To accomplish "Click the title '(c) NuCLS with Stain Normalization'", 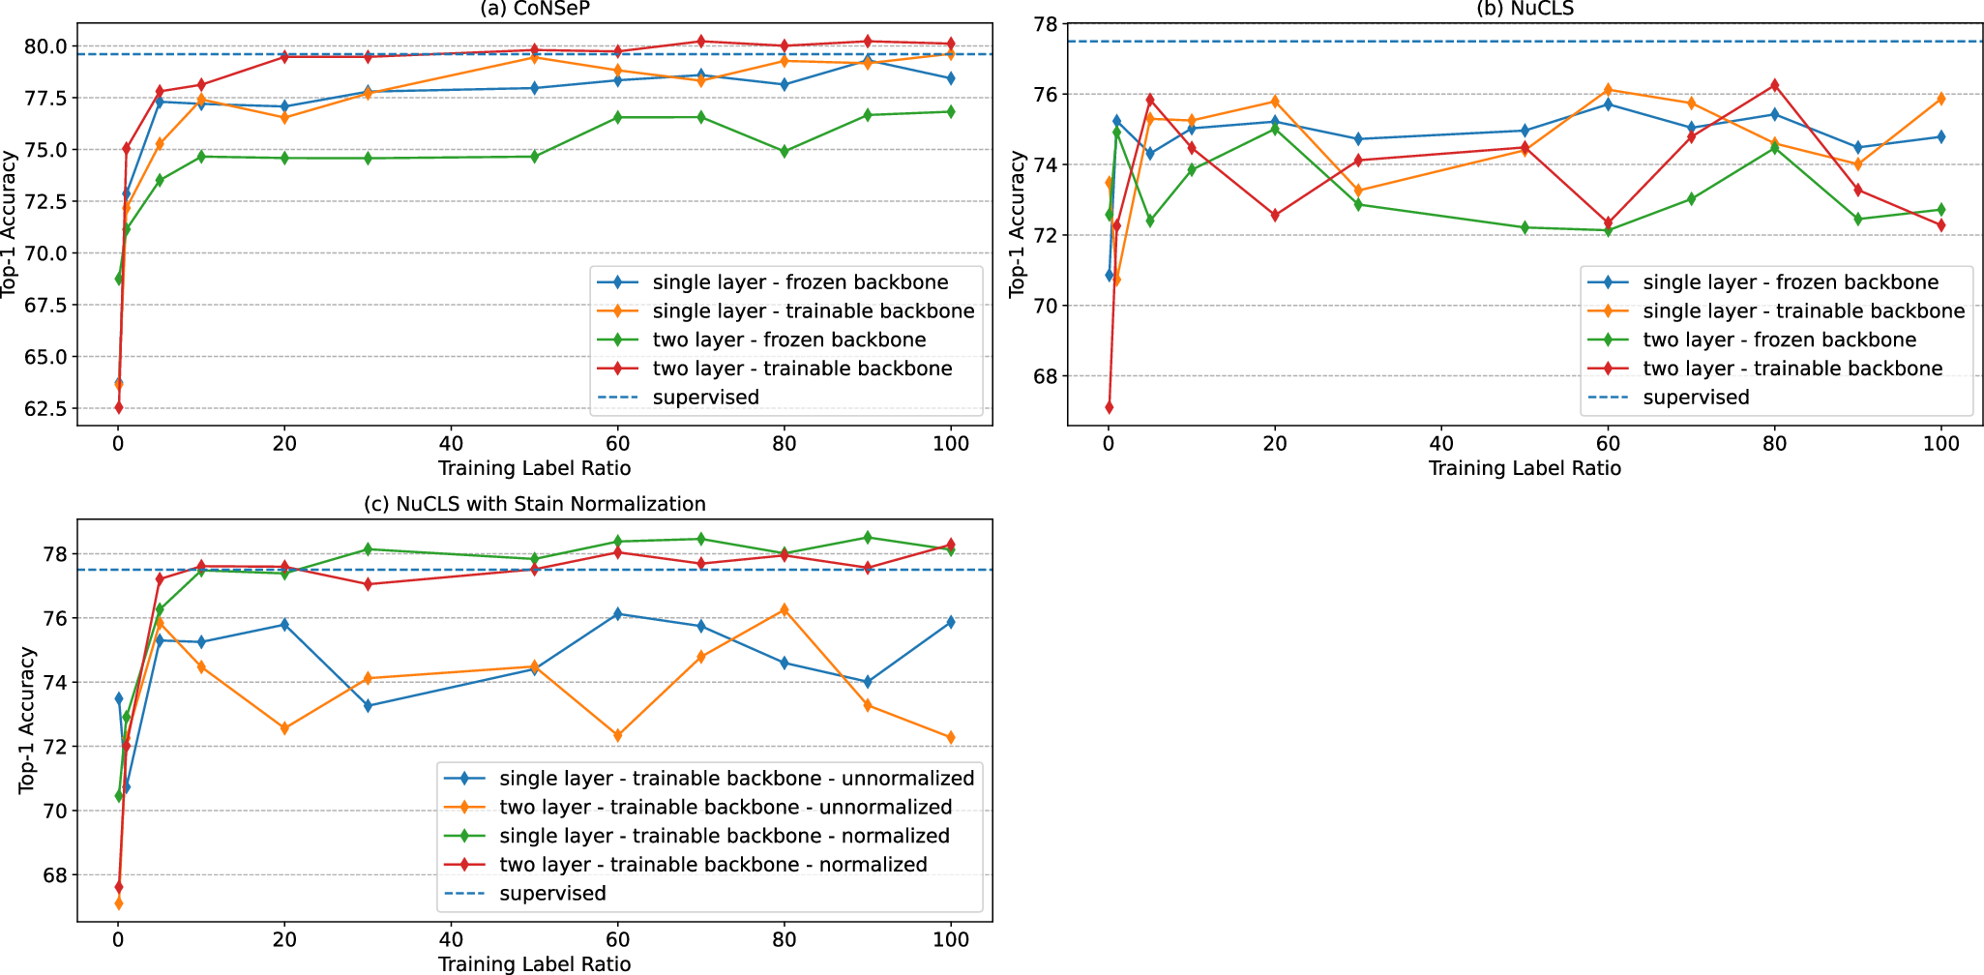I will coord(534,504).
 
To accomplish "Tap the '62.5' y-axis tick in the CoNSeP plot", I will coord(47,408).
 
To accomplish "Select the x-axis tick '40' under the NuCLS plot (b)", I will coord(1441,444).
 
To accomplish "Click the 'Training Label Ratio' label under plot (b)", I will coord(1525,468).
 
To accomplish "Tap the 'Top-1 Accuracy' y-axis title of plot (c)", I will coord(27,721).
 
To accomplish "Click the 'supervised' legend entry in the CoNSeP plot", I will coord(705,398).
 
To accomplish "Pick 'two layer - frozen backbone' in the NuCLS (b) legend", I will coord(1779,340).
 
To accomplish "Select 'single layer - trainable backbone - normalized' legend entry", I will coord(724,836).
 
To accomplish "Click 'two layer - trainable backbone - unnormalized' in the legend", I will coord(725,807).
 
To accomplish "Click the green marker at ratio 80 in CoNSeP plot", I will coord(785,152).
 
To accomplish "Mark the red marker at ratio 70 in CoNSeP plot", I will coord(701,42).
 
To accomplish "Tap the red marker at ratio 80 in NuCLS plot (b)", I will coord(1774,85).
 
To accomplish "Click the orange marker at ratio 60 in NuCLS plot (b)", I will coord(1608,90).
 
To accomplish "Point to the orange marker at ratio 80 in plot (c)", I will coord(785,609).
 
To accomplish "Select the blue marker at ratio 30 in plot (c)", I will coord(368,706).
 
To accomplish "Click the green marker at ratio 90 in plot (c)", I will coord(868,538).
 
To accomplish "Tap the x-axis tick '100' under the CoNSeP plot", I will coord(951,444).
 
